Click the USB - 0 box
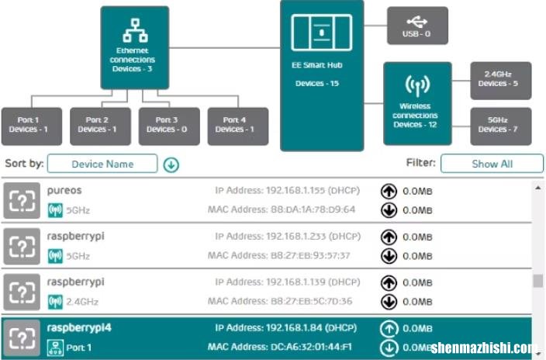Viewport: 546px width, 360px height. coord(417,26)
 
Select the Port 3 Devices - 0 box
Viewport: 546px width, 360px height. coord(169,126)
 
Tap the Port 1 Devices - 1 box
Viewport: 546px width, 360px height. coord(32,126)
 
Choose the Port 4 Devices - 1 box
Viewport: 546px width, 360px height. coord(238,126)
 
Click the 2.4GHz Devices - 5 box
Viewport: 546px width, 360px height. coord(501,81)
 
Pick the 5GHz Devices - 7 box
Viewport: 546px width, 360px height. coord(501,126)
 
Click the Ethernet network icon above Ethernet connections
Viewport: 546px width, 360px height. coord(135,31)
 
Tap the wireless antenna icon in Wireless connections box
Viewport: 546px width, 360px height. coord(417,86)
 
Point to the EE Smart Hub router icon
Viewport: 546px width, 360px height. coord(321,33)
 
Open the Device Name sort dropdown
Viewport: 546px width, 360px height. coord(102,164)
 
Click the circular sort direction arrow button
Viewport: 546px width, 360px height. coord(171,164)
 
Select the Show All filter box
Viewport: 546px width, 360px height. coord(492,164)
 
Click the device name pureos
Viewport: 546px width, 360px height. coord(64,190)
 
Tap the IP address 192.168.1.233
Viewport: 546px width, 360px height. coord(296,237)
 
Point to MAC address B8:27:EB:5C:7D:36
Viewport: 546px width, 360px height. coord(311,301)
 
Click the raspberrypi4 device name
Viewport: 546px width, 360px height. coord(79,328)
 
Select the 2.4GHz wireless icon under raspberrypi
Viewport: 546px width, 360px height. coord(55,302)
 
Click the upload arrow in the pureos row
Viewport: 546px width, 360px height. coord(389,191)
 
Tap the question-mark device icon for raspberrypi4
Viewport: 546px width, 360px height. coord(22,338)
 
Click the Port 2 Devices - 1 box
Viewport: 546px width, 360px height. coord(100,126)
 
